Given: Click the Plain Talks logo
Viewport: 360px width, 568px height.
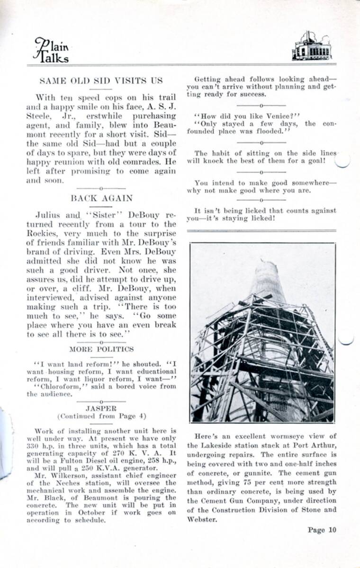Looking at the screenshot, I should coord(51,50).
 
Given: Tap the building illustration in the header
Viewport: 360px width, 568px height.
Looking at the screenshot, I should coord(311,46).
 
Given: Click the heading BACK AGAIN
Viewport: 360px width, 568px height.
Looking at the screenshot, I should coord(101,198).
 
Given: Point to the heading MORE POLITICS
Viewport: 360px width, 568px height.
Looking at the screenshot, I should coord(101,349).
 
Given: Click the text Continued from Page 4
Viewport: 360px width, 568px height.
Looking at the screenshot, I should coord(101,416).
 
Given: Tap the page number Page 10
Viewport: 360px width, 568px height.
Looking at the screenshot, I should coord(322,530).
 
